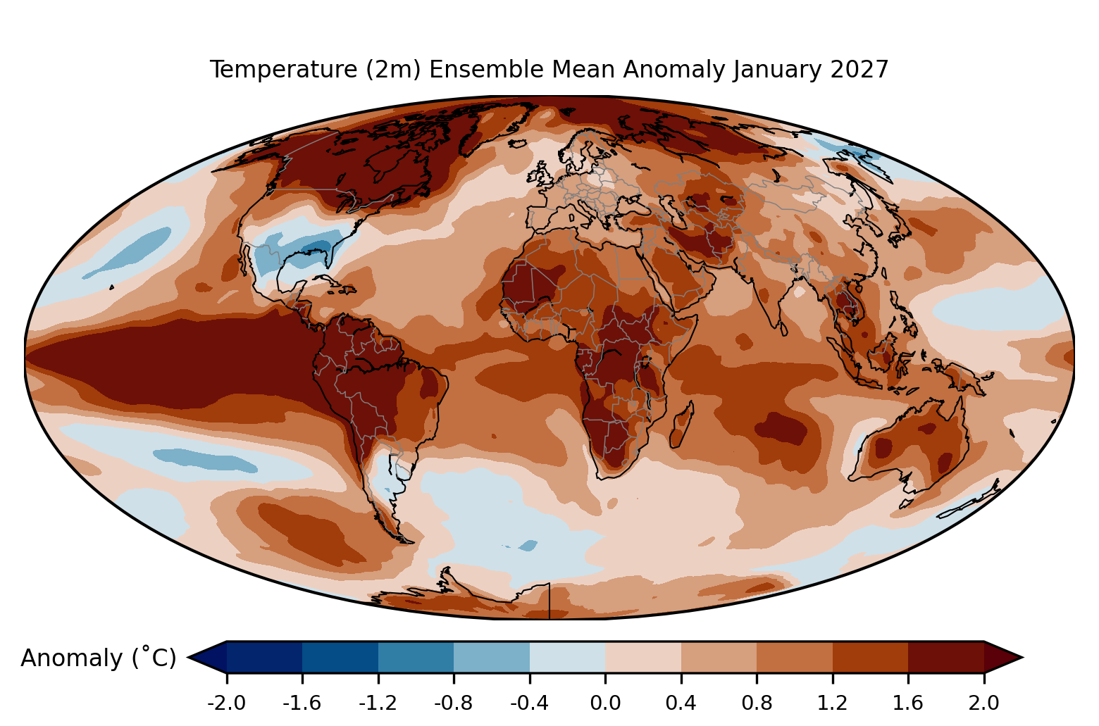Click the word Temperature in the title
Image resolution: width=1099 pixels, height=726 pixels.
[x=284, y=70]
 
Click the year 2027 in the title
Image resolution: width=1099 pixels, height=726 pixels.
[x=859, y=70]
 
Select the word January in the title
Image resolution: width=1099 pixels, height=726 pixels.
[x=777, y=70]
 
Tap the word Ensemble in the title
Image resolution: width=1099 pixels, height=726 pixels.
[x=485, y=70]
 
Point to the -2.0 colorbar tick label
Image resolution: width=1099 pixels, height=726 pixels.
[x=226, y=703]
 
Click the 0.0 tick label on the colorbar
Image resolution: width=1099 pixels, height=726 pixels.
[x=605, y=703]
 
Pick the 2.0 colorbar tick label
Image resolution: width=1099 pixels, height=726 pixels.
[x=983, y=703]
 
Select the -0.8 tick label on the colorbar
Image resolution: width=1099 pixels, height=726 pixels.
[x=454, y=703]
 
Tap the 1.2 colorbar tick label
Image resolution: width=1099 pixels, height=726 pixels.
[x=832, y=703]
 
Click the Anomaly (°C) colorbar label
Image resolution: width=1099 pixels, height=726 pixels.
[x=98, y=658]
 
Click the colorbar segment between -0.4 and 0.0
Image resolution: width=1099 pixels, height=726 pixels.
[x=567, y=657]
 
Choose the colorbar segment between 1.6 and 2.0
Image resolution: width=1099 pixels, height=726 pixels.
[x=946, y=657]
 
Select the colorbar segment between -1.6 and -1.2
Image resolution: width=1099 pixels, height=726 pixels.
[x=340, y=657]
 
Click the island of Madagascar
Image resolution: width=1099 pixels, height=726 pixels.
[x=682, y=425]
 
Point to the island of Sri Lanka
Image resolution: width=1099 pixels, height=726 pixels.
[x=783, y=329]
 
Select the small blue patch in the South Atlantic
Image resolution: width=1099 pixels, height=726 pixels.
[x=528, y=545]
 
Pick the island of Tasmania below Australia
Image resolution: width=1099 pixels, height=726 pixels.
[x=906, y=503]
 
